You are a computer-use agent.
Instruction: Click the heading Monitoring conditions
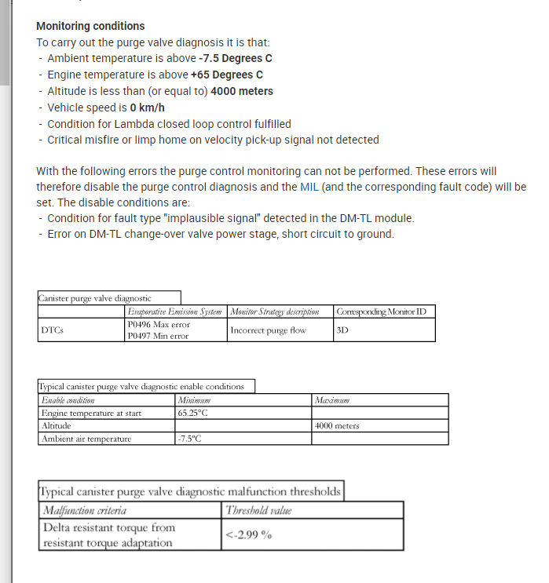click(90, 26)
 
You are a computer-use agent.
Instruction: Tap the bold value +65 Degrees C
click(226, 75)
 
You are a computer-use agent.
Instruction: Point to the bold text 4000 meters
click(242, 91)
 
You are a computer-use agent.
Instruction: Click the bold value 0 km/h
click(147, 107)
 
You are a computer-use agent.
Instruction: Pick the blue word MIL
click(309, 188)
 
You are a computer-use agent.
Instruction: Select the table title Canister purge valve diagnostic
click(94, 298)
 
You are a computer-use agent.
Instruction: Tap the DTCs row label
click(53, 330)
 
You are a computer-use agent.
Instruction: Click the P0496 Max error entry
click(159, 324)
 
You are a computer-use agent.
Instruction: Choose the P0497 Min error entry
click(158, 336)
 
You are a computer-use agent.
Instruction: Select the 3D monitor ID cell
click(342, 330)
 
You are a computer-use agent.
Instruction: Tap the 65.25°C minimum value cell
click(192, 412)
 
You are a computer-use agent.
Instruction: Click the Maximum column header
click(332, 400)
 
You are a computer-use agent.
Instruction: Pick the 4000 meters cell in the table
click(337, 425)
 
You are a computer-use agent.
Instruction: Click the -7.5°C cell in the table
click(190, 439)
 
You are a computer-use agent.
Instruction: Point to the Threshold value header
click(258, 511)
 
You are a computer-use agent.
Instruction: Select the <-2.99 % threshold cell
click(248, 535)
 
